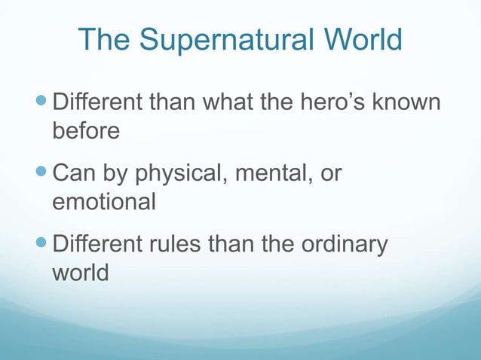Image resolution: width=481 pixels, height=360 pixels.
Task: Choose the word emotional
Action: [103, 203]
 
